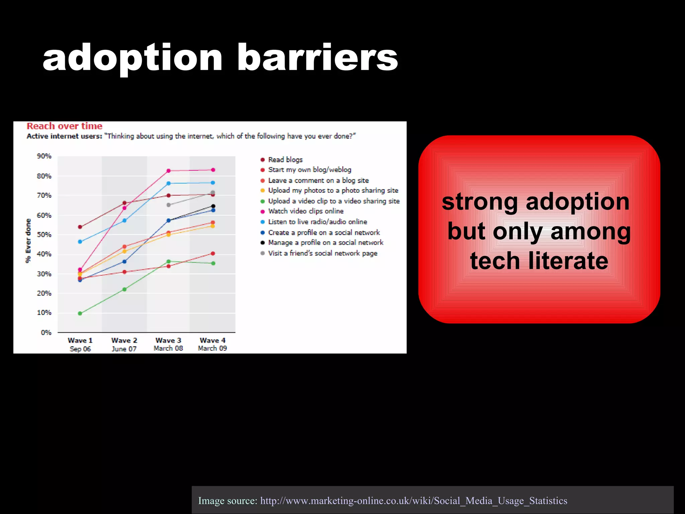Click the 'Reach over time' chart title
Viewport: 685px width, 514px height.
point(65,126)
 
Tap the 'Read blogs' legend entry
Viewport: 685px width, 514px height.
point(285,160)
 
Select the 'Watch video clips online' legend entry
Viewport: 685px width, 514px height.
point(305,211)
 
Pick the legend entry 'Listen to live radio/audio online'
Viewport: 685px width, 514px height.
point(317,222)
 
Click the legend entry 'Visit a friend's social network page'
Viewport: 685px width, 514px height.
point(322,253)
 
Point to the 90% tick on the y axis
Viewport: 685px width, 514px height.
point(44,156)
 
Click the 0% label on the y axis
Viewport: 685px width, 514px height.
point(46,333)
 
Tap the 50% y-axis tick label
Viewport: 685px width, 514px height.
point(44,235)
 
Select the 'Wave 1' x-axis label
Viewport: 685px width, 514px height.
point(80,340)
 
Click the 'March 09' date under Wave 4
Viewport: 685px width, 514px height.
point(212,348)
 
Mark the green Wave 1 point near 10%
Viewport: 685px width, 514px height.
point(80,314)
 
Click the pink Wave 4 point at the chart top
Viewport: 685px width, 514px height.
point(213,170)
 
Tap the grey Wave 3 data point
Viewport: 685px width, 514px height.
point(169,205)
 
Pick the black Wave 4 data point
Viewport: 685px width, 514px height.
point(213,206)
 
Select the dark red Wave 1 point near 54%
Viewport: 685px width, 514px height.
point(80,227)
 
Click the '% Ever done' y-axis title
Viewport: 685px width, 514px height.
point(28,241)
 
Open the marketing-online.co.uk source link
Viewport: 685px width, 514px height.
point(414,501)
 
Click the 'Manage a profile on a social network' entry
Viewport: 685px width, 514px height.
point(325,243)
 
